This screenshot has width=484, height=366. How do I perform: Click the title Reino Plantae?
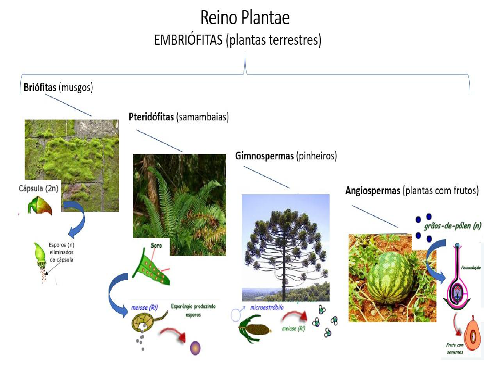(x=245, y=18)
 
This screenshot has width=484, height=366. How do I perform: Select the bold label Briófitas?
(x=39, y=87)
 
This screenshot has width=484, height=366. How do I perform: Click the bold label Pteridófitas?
(x=152, y=117)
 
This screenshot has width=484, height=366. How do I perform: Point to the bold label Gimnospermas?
(x=264, y=155)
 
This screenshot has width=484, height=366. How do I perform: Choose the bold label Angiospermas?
(x=372, y=191)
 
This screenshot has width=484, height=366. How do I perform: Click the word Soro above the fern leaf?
(x=156, y=245)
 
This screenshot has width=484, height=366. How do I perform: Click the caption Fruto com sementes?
(x=455, y=349)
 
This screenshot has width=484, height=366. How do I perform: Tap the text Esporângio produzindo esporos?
(x=193, y=310)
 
